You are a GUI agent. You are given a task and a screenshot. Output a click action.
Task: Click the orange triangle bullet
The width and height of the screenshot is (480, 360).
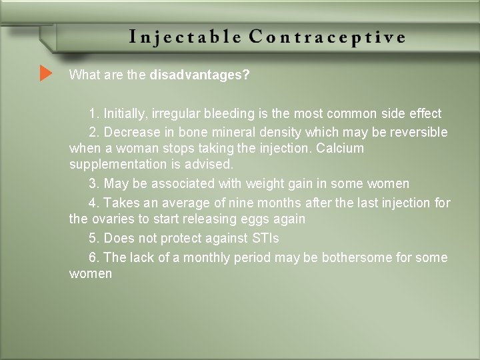[x=45, y=73]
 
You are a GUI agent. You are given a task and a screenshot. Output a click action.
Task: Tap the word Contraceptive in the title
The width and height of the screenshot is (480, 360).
[x=327, y=37]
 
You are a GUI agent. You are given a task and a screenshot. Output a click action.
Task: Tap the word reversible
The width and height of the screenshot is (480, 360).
[x=419, y=132]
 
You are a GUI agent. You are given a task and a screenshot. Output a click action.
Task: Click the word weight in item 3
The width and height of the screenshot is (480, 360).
[x=265, y=183]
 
